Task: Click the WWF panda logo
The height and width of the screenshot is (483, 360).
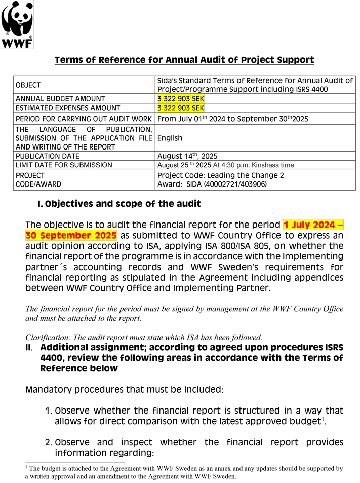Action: coord(17,24)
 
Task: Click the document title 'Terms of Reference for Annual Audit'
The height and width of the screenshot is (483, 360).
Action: coord(184,60)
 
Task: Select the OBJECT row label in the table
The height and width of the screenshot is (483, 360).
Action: coord(28,85)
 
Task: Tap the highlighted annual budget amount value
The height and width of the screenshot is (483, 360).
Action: coord(181,99)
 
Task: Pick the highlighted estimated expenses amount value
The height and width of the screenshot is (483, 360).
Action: coord(181,108)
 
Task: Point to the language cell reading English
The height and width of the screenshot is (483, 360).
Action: coord(170,138)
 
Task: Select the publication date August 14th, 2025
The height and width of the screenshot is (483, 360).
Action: coord(187,156)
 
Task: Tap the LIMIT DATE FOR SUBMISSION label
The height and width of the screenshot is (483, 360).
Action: coord(64,165)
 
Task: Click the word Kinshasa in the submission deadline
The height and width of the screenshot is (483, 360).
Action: coord(265,165)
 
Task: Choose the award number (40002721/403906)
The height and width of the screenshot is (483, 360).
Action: coord(234,184)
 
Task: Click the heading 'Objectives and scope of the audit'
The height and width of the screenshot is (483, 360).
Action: coord(123,204)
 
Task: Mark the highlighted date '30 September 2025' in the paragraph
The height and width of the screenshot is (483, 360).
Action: coord(71,236)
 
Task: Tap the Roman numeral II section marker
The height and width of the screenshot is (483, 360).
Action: coord(29,348)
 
